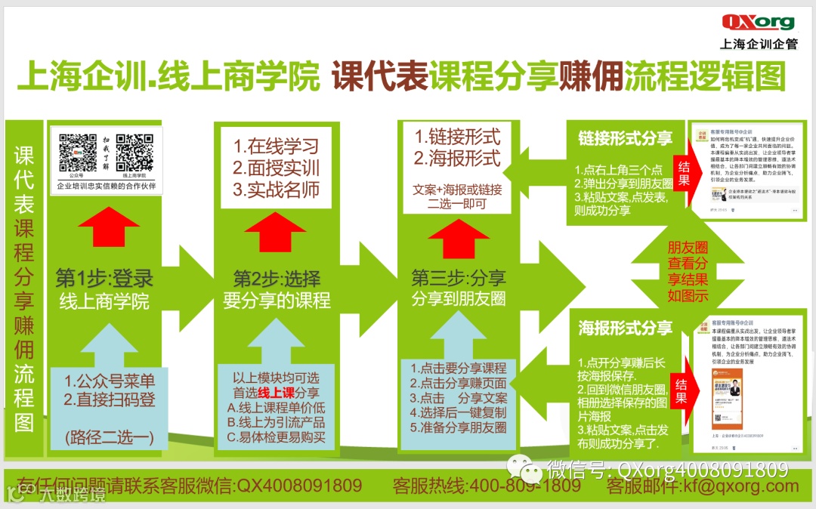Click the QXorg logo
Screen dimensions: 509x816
point(759,22)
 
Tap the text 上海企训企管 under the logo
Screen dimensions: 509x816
point(759,44)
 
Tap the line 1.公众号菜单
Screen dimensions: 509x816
point(110,381)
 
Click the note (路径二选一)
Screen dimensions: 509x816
point(109,436)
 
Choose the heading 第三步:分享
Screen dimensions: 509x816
point(459,277)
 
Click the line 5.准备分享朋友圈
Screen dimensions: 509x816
point(459,427)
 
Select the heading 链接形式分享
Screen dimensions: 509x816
point(625,139)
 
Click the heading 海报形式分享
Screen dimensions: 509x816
point(625,328)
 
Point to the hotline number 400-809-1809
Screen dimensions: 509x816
point(525,486)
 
